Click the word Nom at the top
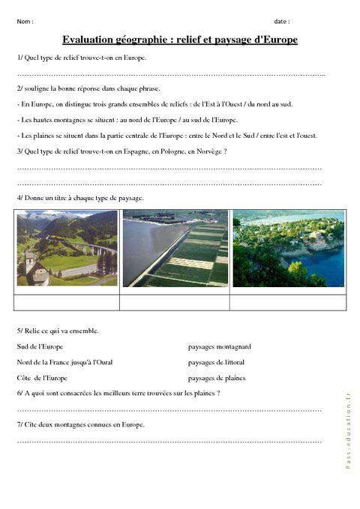click(x=23, y=22)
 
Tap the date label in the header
click(x=281, y=22)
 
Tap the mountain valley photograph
click(x=67, y=248)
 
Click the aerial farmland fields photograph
click(x=175, y=248)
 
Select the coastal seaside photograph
click(x=289, y=248)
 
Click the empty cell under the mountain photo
click(x=67, y=303)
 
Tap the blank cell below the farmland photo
click(x=175, y=303)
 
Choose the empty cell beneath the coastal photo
click(x=289, y=303)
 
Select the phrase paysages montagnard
click(x=219, y=347)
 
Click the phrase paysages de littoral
click(x=217, y=363)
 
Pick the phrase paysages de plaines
click(x=217, y=379)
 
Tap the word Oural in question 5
click(x=103, y=363)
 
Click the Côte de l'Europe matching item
click(x=42, y=379)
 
